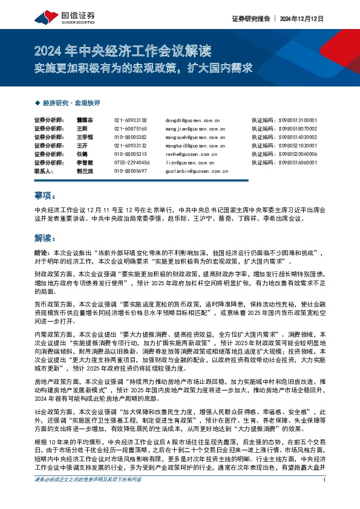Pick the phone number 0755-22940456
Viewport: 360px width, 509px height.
coord(131,163)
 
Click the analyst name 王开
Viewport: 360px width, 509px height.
coord(82,146)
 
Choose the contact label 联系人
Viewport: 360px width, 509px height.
coord(44,171)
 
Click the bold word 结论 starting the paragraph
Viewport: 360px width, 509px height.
coord(41,252)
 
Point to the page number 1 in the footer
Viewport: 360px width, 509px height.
coord(325,496)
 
